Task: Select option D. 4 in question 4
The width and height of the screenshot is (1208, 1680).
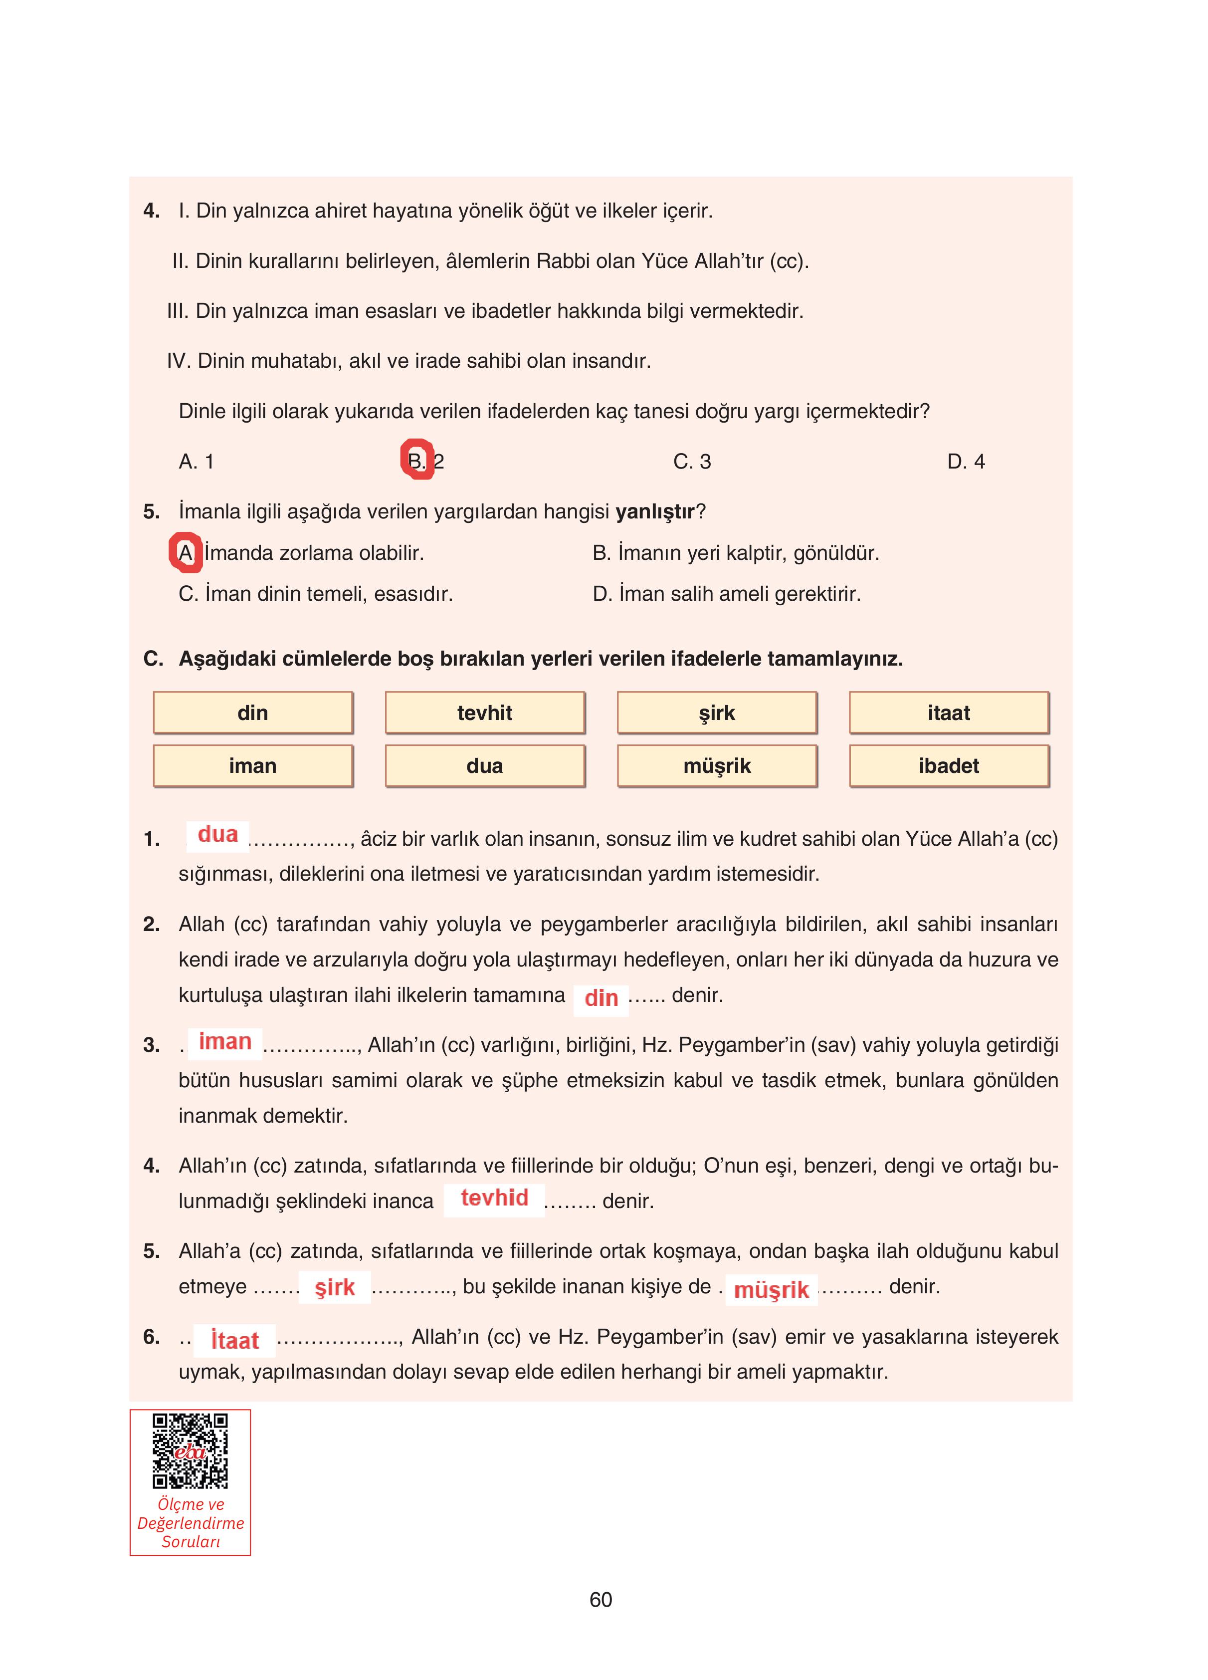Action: tap(965, 462)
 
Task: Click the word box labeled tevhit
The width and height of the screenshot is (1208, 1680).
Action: tap(484, 713)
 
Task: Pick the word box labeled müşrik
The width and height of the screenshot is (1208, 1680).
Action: tap(716, 766)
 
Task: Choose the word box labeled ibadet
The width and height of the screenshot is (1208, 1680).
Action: tap(948, 766)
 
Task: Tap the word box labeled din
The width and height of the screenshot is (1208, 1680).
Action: tap(252, 713)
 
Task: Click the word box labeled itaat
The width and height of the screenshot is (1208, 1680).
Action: tap(948, 713)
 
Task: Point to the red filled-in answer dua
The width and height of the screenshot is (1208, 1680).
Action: tap(218, 834)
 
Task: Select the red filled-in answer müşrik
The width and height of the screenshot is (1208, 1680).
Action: tap(771, 1290)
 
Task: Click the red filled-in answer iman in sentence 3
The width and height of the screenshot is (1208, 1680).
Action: tap(225, 1041)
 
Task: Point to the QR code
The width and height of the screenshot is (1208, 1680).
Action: tap(191, 1451)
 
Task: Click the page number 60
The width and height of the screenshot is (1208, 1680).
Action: tap(601, 1600)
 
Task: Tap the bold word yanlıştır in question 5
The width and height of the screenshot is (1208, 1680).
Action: tap(655, 512)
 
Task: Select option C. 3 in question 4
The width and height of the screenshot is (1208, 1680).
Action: tap(692, 462)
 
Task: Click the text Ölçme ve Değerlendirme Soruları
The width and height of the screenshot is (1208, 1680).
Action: tap(191, 1522)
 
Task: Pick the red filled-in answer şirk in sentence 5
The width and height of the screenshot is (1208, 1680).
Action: tap(335, 1287)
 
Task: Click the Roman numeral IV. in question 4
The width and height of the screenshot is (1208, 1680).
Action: tap(179, 361)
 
